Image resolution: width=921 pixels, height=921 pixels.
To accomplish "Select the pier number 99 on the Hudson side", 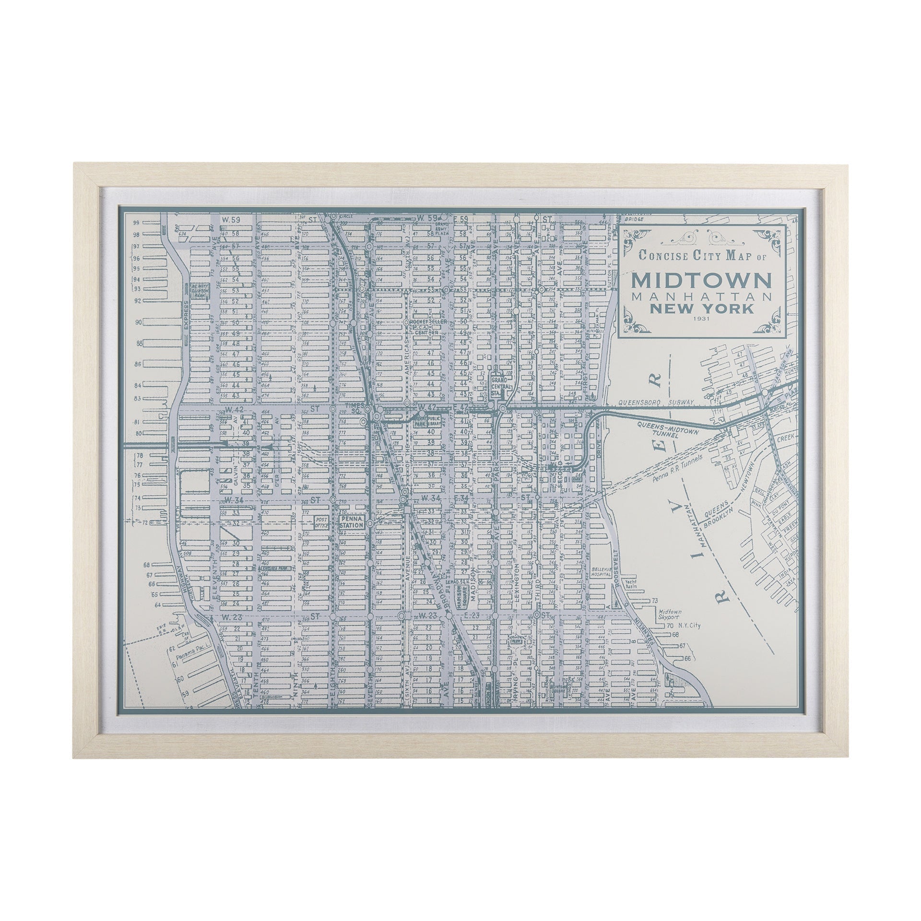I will click(136, 223).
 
